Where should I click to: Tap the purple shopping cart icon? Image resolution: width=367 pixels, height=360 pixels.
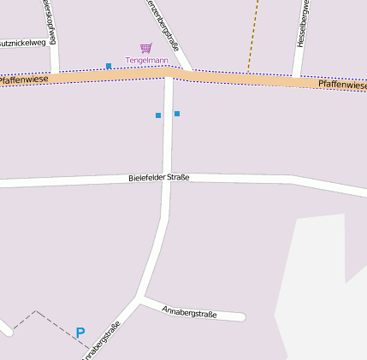145,48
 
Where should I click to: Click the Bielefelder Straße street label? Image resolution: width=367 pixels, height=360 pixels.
158,177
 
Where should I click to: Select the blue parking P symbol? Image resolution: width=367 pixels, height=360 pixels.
80,333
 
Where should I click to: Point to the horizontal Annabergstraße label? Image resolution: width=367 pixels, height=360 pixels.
189,312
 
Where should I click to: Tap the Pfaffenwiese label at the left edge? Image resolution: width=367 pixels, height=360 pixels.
23,80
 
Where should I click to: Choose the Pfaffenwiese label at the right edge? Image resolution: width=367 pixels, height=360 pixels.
341,85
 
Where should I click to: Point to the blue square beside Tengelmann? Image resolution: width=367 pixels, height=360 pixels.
109,66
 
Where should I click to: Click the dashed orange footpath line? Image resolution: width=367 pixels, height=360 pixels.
253,34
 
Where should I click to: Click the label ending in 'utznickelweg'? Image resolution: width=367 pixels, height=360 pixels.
23,42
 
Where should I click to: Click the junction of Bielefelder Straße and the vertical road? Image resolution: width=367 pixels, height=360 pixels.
168,180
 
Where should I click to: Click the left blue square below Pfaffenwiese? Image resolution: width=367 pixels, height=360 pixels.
158,115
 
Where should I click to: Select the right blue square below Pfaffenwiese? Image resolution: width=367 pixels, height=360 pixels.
177,113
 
